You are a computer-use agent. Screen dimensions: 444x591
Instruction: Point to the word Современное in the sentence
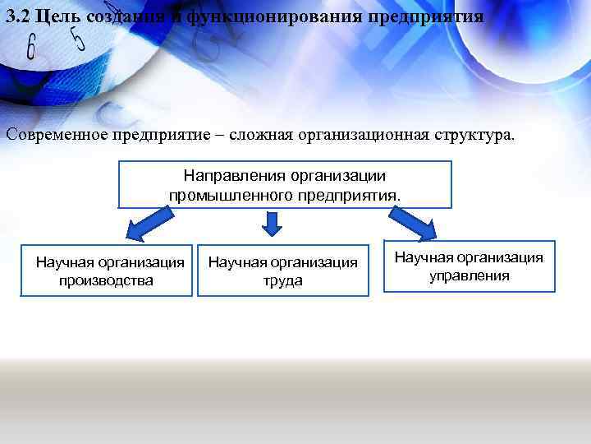coord(57,135)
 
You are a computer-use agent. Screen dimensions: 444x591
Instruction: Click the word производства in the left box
coord(106,280)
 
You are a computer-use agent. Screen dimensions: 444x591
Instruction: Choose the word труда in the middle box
coord(283,280)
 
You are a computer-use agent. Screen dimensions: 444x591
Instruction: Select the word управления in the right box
coord(470,275)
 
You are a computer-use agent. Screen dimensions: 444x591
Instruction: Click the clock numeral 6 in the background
coord(31,48)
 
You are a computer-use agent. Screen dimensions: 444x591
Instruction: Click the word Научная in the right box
coord(425,257)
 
